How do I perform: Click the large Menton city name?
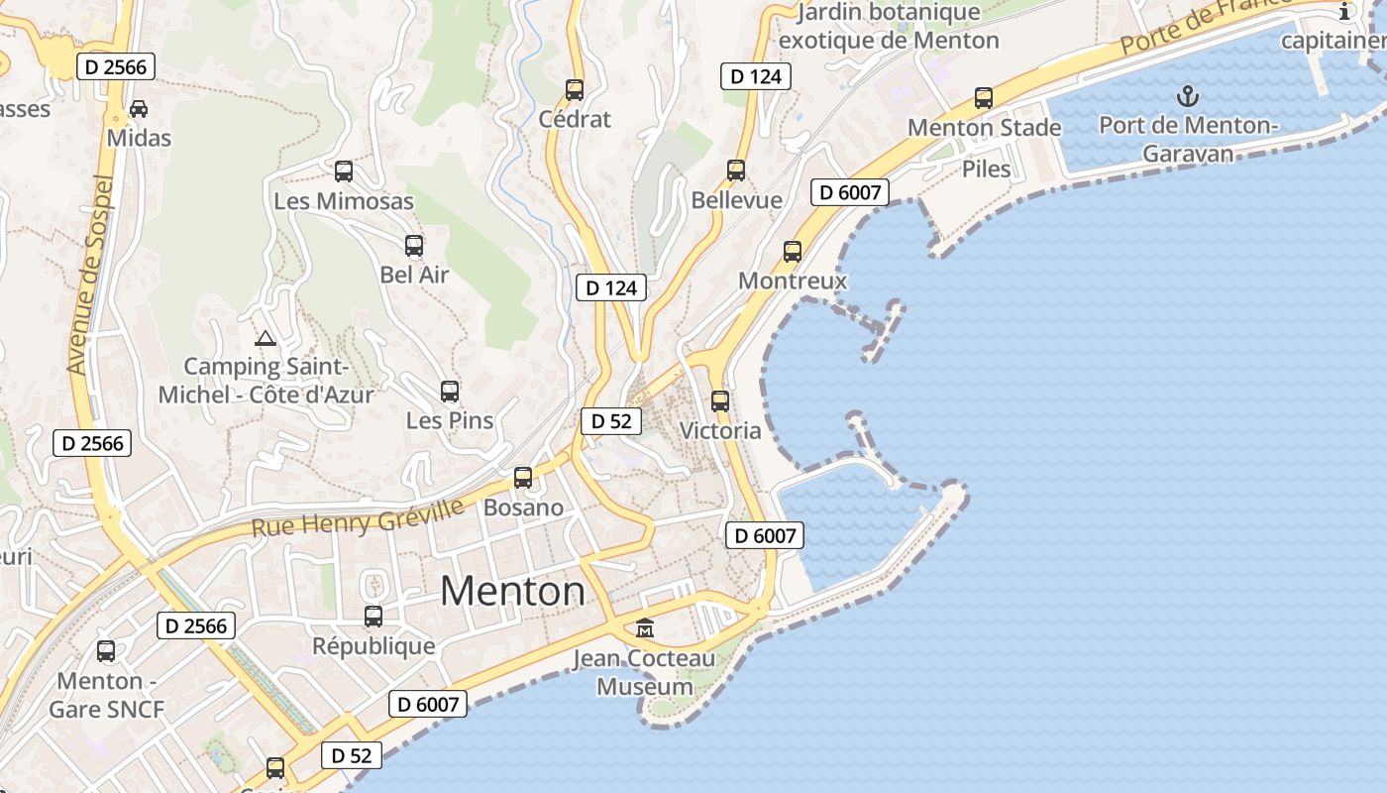[512, 592]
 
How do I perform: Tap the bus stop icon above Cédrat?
[575, 90]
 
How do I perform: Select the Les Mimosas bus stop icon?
[344, 171]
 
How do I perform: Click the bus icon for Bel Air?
[414, 246]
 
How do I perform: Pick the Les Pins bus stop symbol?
[450, 392]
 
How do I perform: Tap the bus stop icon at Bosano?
[523, 478]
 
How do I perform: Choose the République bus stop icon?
[373, 617]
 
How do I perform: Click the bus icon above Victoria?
[720, 401]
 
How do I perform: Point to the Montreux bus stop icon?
[793, 252]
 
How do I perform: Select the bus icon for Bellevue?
[736, 170]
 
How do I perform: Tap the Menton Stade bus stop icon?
[984, 98]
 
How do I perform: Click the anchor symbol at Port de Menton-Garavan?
[1187, 96]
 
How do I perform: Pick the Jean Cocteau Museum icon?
[645, 628]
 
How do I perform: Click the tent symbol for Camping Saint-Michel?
[266, 338]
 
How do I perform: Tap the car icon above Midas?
[139, 108]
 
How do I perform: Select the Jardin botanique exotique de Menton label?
[889, 27]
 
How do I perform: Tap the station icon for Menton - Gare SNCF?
[106, 651]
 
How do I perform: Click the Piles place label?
[987, 169]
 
